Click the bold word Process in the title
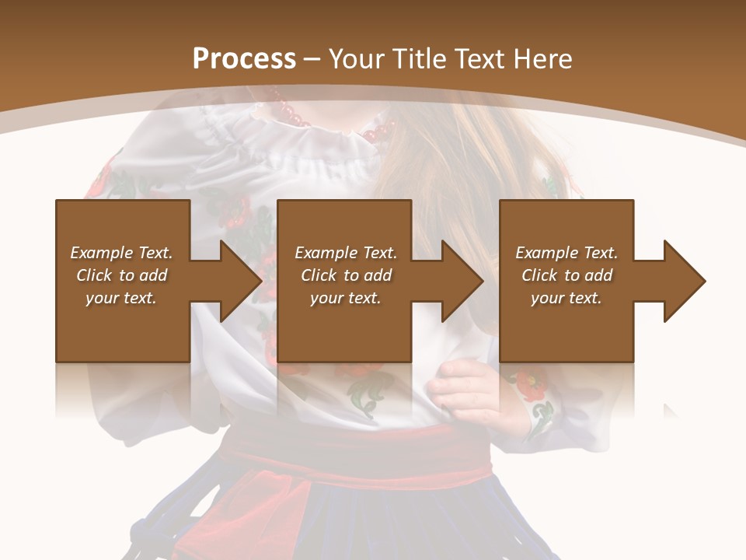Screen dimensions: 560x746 [244, 58]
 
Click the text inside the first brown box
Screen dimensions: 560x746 [121, 275]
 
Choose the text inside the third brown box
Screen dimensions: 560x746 [566, 275]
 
